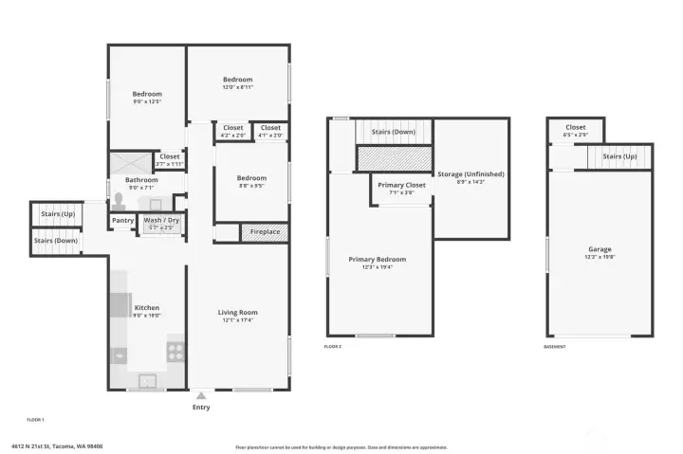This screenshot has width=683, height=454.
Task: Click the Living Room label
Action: (x=238, y=312)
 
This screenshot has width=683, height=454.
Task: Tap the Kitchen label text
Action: (x=147, y=308)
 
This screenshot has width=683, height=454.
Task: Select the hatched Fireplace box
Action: (x=265, y=231)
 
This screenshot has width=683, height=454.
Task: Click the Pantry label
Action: (x=122, y=220)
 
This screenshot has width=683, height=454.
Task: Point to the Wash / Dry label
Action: (x=160, y=220)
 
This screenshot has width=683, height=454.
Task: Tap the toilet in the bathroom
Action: (x=119, y=199)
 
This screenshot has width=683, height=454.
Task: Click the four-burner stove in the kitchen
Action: (x=175, y=351)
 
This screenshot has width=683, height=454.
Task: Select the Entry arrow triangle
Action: (x=201, y=394)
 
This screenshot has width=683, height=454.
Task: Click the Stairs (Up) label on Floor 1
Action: (x=53, y=214)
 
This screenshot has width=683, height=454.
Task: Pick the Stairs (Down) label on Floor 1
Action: (x=56, y=241)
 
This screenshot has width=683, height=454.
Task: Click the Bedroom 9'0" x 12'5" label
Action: (x=147, y=94)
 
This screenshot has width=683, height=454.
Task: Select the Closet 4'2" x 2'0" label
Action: (x=232, y=128)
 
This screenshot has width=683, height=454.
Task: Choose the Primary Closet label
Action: (x=401, y=185)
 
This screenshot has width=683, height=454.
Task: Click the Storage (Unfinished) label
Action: (x=470, y=174)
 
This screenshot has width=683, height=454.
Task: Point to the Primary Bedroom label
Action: (x=377, y=259)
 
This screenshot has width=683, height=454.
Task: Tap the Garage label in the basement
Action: (x=599, y=249)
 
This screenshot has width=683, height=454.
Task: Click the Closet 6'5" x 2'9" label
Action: (x=576, y=127)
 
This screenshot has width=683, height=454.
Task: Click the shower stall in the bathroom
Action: (x=129, y=160)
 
